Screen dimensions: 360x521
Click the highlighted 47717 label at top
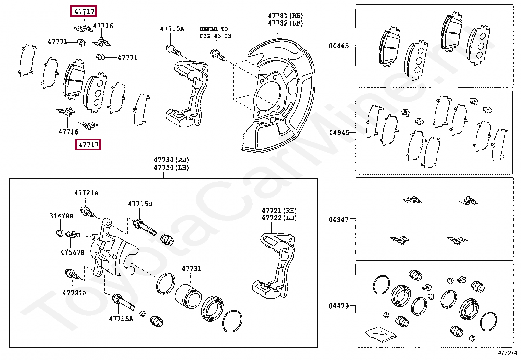click(84, 11)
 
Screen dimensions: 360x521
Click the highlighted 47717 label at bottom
click(88, 144)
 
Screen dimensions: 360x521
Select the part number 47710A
click(172, 29)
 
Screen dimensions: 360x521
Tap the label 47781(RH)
click(285, 16)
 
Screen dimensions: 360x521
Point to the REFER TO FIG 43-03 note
click(215, 32)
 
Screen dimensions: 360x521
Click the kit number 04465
click(339, 46)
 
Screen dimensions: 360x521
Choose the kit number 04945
click(339, 133)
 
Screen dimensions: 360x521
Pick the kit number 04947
click(339, 219)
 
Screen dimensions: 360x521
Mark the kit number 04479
click(339, 306)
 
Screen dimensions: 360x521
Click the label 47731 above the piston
click(191, 269)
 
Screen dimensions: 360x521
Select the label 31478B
click(61, 216)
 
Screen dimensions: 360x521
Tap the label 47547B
click(72, 252)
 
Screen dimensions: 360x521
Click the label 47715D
click(140, 204)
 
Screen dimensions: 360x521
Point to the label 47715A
click(121, 319)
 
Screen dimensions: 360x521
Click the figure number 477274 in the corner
click(507, 353)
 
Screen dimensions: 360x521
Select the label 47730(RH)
click(171, 160)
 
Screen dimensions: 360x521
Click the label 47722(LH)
click(279, 218)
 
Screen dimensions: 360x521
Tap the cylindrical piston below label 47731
click(188, 296)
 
